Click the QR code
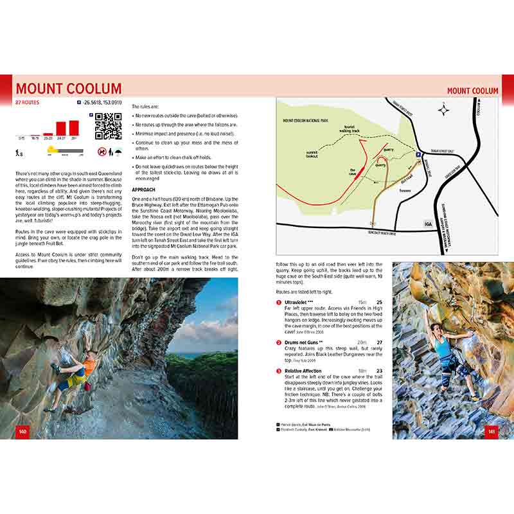[x=109, y=126]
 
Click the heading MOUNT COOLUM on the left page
[x=69, y=89]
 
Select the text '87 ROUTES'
[x=26, y=102]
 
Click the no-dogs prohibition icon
[x=102, y=152]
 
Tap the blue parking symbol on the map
[x=418, y=155]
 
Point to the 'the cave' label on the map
[x=353, y=173]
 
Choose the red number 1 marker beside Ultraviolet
[x=279, y=303]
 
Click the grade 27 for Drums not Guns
[x=379, y=343]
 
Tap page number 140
[x=23, y=431]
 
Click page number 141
[x=492, y=431]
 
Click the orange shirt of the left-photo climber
[x=89, y=367]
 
